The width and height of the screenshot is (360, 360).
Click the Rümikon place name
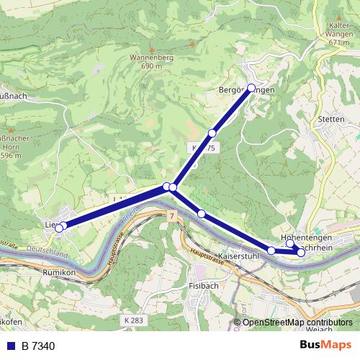pos(58,273)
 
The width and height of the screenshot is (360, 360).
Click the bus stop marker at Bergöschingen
pos(251,88)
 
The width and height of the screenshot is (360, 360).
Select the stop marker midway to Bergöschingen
pos(212,133)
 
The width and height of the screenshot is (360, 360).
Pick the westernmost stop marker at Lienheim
pos(58,229)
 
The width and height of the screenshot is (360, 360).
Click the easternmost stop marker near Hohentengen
pos(301,253)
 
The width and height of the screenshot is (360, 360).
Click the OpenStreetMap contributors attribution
pos(297,323)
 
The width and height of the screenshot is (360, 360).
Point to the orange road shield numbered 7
pos(173,217)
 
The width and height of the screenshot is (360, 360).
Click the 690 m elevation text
pos(152,66)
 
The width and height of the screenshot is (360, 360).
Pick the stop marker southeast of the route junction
pos(202,213)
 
